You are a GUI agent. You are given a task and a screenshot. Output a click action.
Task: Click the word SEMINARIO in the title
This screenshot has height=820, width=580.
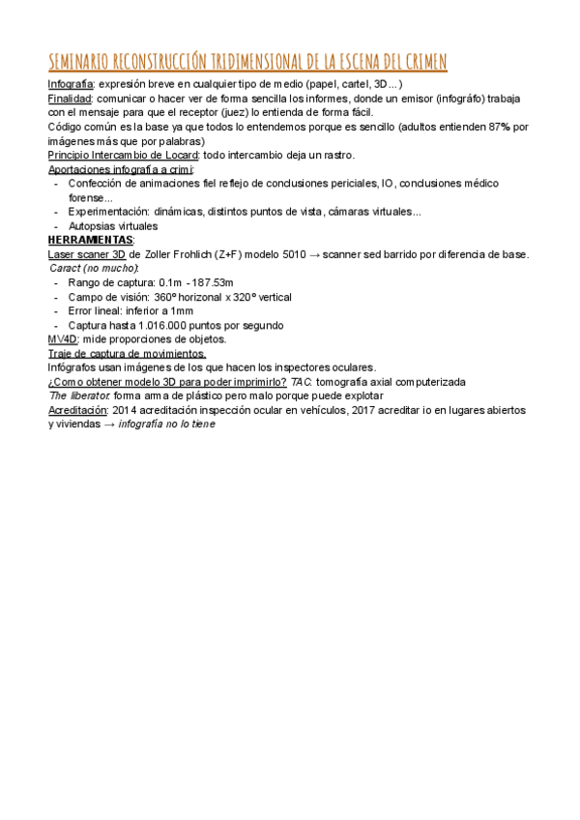[x=78, y=63]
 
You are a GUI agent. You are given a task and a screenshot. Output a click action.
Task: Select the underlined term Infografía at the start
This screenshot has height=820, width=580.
[x=71, y=85]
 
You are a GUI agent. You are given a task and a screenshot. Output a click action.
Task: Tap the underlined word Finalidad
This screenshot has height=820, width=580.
[x=70, y=99]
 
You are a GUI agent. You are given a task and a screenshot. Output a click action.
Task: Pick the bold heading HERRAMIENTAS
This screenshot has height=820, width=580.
[x=91, y=240]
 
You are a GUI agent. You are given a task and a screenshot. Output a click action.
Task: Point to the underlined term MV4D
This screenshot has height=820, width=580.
[x=63, y=339]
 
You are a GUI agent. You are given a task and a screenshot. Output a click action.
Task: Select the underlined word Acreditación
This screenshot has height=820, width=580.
[x=78, y=410]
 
